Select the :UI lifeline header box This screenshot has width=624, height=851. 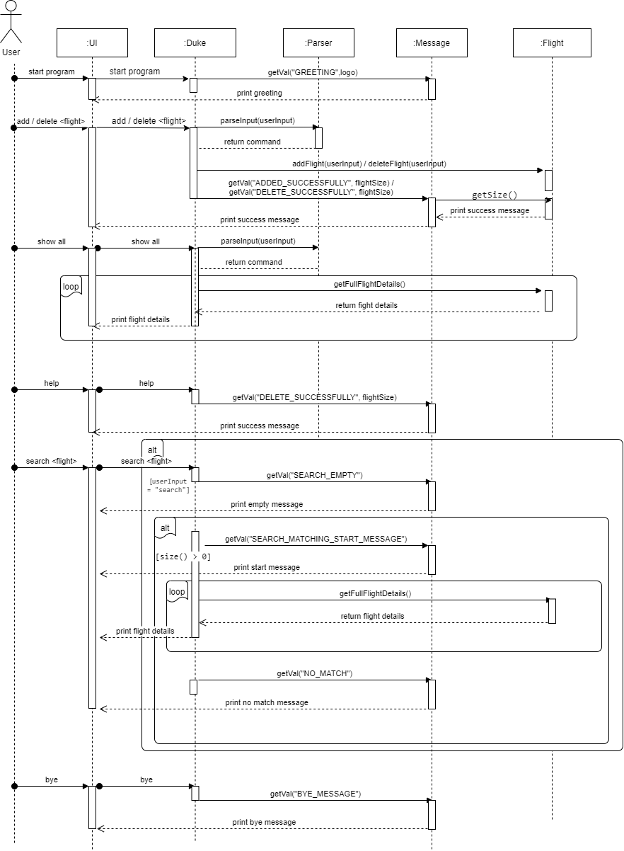(x=92, y=42)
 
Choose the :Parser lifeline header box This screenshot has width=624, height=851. (x=318, y=42)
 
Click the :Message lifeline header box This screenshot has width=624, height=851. (x=432, y=42)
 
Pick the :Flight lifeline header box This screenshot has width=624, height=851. (x=552, y=42)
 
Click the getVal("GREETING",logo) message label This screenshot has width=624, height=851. (x=312, y=72)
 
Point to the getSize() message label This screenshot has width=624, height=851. (x=495, y=195)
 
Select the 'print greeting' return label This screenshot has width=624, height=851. (x=259, y=93)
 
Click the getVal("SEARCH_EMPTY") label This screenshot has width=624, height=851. (x=314, y=475)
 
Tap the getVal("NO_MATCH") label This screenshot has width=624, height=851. (x=314, y=673)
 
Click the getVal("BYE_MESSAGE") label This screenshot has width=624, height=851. (x=316, y=794)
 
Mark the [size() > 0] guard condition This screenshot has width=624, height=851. (x=183, y=557)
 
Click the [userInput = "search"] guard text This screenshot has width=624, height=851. (x=168, y=486)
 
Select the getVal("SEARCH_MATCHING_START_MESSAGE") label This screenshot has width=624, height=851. (x=316, y=539)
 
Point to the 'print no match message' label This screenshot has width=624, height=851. (x=267, y=702)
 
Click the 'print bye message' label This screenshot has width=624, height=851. (x=264, y=822)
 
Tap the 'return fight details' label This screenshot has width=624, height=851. (x=366, y=305)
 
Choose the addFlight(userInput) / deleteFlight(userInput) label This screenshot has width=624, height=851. (x=369, y=164)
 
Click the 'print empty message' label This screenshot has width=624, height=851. (x=266, y=504)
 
